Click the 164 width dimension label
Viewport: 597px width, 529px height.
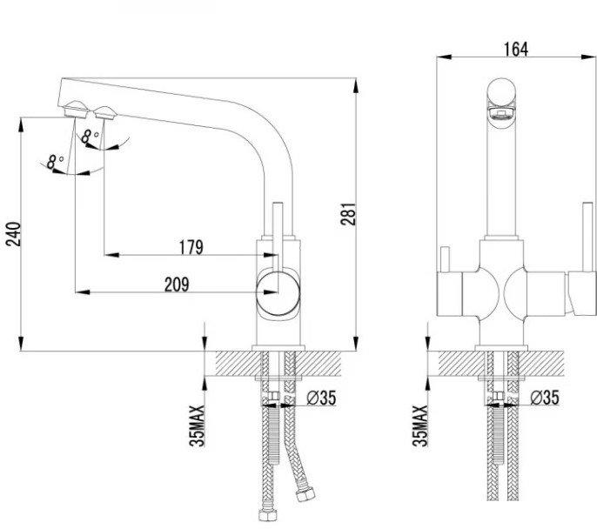[516, 49]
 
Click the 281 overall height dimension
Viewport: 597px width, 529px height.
[349, 214]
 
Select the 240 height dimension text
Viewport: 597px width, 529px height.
[14, 233]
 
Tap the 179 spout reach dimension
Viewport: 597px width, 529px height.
[191, 247]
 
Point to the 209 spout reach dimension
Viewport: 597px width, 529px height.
[177, 285]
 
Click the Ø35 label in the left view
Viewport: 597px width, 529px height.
[321, 398]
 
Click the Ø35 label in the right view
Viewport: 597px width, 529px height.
[545, 398]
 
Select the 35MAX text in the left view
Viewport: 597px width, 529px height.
[197, 425]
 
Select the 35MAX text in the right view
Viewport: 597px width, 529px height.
[420, 425]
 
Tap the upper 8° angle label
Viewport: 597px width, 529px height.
[91, 137]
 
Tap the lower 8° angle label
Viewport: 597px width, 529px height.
[55, 161]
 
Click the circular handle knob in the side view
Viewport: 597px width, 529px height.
[278, 293]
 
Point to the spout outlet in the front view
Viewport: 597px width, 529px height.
[501, 113]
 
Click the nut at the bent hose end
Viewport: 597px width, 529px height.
[305, 493]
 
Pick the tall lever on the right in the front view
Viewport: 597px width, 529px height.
[587, 237]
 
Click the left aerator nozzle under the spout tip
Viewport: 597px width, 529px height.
[77, 109]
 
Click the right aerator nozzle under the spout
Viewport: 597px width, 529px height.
[104, 112]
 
